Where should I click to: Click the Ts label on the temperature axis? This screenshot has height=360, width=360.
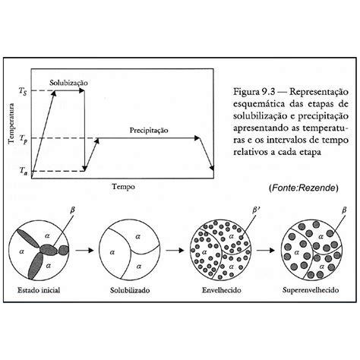23,91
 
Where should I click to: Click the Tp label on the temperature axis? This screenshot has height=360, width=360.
24,139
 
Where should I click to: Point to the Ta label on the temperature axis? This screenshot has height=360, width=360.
24,171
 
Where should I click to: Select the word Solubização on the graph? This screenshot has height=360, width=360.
68,83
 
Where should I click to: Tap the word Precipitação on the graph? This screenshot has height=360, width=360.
149,131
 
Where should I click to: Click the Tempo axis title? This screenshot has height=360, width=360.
124,187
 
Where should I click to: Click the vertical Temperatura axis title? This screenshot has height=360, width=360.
11,123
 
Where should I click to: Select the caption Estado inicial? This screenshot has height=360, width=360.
39,290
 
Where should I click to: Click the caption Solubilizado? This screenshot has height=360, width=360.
130,290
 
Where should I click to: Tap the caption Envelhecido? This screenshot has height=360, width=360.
222,290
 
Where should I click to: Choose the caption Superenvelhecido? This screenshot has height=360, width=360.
311,290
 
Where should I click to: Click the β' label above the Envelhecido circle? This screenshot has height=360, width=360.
255,210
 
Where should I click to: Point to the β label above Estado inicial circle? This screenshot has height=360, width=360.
72,210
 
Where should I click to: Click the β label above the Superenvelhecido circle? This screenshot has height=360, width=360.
344,210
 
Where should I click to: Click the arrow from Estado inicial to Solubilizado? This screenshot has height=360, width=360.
84,251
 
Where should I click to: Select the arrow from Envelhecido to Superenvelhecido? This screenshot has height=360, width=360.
266,251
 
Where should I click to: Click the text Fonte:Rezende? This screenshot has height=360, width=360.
303,188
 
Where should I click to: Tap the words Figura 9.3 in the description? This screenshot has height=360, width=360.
254,91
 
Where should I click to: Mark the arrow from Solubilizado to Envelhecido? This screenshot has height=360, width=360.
175,251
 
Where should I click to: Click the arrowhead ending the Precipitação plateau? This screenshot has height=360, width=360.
197,138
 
